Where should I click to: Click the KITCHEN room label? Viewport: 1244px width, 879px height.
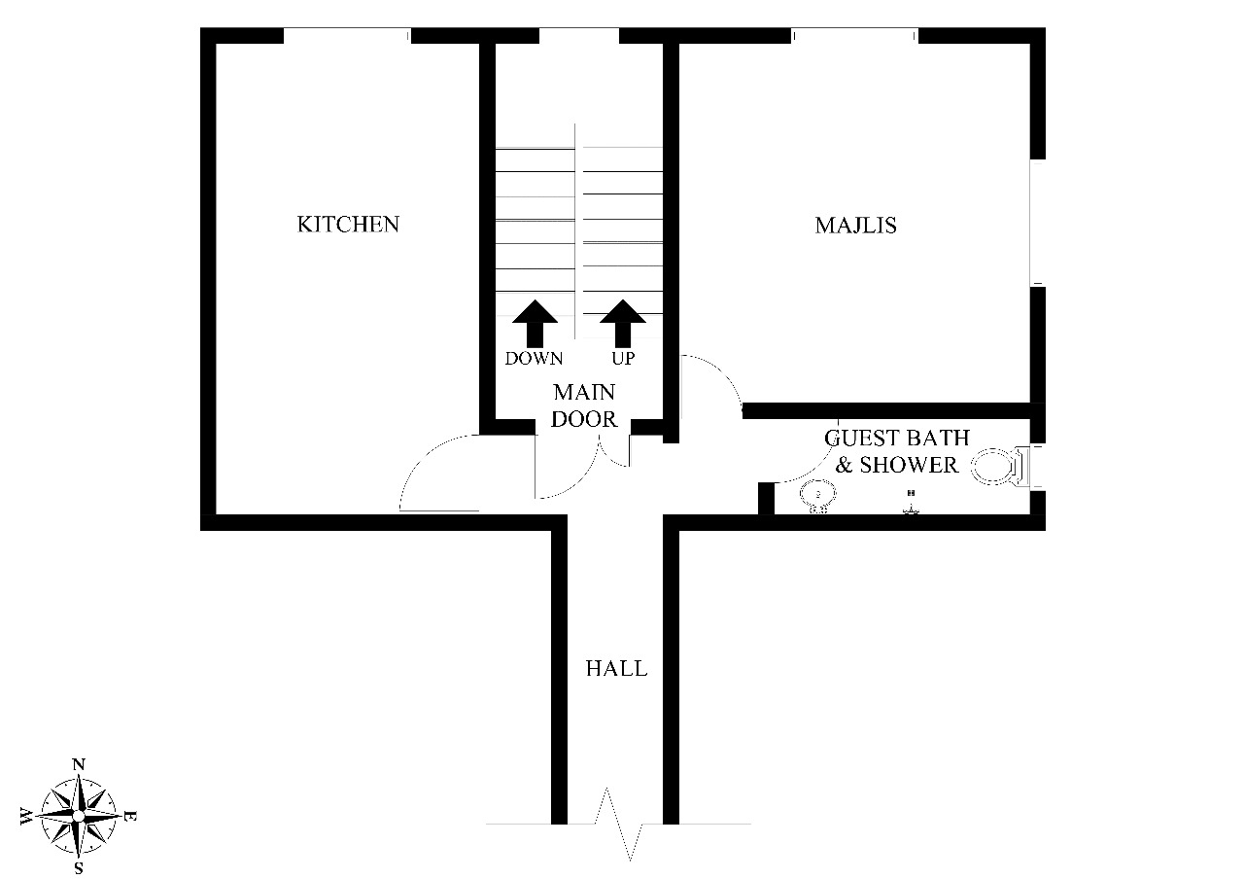[x=347, y=225]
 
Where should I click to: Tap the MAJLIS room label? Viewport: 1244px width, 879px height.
[x=855, y=226]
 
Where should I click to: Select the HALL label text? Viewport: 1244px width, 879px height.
[x=616, y=669]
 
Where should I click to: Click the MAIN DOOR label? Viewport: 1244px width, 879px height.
[x=584, y=406]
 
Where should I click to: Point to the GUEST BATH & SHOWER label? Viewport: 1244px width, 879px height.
[x=896, y=451]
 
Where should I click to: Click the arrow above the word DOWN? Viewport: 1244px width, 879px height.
[x=534, y=323]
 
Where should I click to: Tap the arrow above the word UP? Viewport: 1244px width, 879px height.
[x=623, y=323]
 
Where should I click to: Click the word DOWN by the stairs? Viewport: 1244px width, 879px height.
[x=534, y=359]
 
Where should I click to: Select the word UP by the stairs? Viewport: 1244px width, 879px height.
[x=623, y=359]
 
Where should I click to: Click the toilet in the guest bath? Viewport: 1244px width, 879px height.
[x=997, y=467]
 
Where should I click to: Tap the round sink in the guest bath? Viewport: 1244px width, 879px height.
[x=818, y=497]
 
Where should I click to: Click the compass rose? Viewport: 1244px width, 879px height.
[x=79, y=815]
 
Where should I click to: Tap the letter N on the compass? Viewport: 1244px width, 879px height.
[x=79, y=764]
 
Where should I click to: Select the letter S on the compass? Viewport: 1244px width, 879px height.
[x=79, y=867]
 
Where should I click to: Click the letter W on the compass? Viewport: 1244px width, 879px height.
[x=26, y=815]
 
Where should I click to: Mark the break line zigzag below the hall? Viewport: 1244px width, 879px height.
[x=619, y=825]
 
